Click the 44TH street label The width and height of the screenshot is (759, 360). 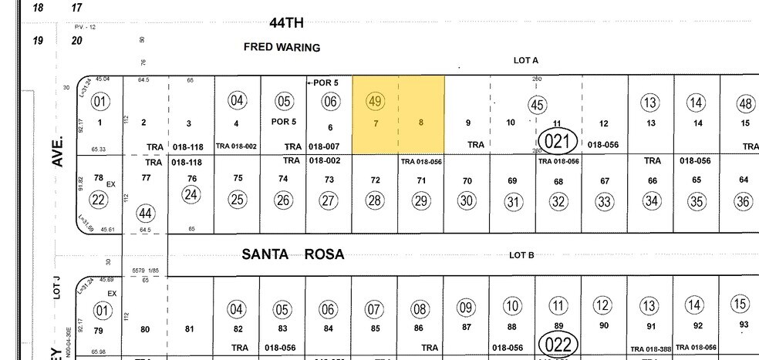[287, 23]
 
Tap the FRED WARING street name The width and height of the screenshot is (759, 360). [282, 47]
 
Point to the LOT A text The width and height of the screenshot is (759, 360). [525, 60]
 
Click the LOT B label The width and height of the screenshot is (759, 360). [521, 255]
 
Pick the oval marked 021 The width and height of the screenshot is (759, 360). [557, 141]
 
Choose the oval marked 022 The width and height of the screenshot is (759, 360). [557, 343]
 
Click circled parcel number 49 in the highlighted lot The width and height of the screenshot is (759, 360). [376, 101]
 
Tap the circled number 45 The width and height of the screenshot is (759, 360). [537, 105]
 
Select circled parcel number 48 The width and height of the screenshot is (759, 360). [745, 103]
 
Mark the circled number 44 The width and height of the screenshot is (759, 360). [145, 214]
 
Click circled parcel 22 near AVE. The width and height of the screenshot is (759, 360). [99, 200]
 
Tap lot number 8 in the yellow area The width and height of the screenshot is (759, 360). [420, 122]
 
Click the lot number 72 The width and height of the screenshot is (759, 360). [375, 180]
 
